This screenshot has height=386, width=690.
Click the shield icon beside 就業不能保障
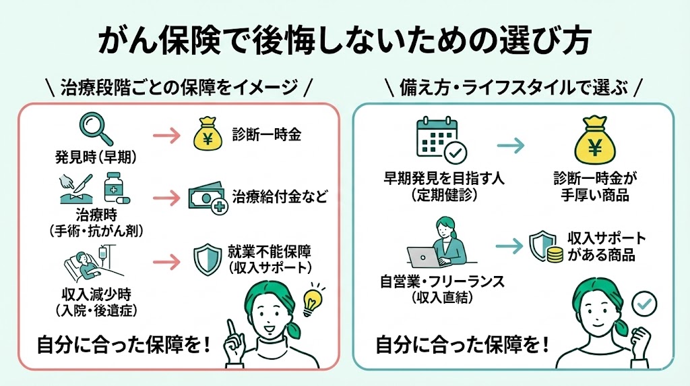(207, 258)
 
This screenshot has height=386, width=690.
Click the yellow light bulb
(313, 302)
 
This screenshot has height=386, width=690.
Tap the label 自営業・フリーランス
(442, 281)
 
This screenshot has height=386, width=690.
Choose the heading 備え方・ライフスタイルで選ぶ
(513, 87)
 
